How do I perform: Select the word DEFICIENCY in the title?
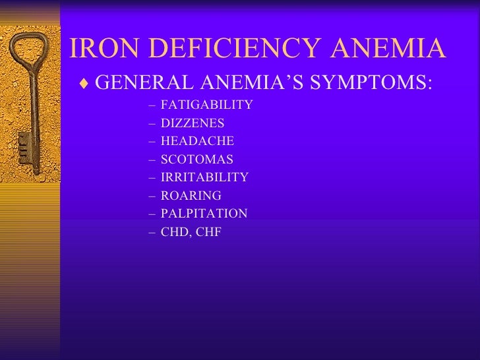tap(221, 48)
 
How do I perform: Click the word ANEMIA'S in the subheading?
tap(258, 83)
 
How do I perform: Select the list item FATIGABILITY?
tap(206, 105)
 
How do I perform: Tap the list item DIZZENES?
tap(193, 123)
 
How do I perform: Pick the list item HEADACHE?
tap(197, 141)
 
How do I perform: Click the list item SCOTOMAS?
tap(196, 160)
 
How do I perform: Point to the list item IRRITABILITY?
tap(204, 177)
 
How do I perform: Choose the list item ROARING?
tap(191, 195)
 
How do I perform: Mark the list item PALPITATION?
tap(204, 214)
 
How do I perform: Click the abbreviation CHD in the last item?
tap(174, 231)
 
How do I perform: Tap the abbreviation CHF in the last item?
tap(208, 231)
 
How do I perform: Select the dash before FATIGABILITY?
tap(153, 105)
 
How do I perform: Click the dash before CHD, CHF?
tap(153, 231)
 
